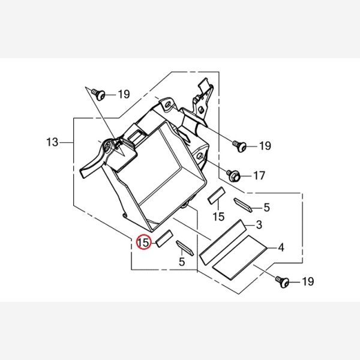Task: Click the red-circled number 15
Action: tap(144, 242)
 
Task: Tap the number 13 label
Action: tap(52, 142)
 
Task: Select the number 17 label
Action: tap(259, 176)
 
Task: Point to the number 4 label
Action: tap(281, 248)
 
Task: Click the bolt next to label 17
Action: tap(233, 176)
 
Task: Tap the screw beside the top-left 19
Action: tap(98, 94)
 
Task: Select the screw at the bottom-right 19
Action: tap(283, 282)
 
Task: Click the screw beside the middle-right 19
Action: tap(239, 146)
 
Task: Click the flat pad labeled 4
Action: tap(239, 257)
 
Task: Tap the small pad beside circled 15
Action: tap(164, 239)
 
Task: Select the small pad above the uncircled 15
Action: tap(216, 196)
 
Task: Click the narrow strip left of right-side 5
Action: tap(243, 205)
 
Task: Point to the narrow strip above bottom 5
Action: tap(185, 248)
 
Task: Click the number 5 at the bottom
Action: tap(182, 262)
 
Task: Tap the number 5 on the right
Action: tap(266, 208)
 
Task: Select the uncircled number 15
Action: tap(218, 217)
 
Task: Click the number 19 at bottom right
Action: tap(308, 281)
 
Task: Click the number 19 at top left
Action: tap(124, 94)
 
